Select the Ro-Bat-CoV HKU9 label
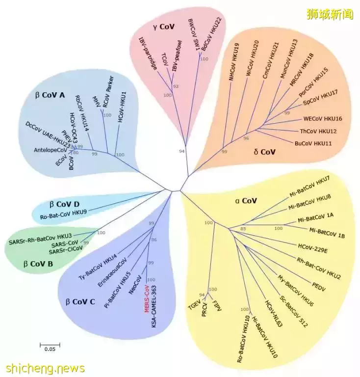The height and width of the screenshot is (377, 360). tap(63, 213)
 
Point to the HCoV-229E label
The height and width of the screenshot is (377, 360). tap(315, 244)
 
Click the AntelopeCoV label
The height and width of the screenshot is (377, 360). tap(50, 149)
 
